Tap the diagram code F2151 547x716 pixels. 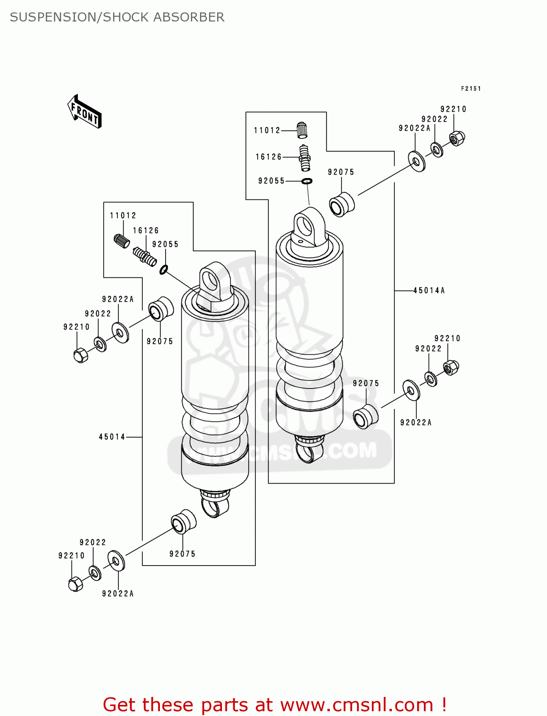(x=471, y=88)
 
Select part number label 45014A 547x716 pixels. (x=429, y=290)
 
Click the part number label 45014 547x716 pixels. (x=112, y=437)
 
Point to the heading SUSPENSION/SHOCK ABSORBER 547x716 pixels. (x=117, y=17)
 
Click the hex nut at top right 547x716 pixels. (x=457, y=138)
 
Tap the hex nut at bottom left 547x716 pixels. (x=75, y=584)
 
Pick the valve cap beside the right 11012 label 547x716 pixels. (x=302, y=130)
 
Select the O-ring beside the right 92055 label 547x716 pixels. (x=307, y=181)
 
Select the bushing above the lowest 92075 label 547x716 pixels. (x=183, y=522)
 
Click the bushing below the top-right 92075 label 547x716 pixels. (x=342, y=204)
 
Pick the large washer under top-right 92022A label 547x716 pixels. (x=417, y=161)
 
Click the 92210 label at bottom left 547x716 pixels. (x=71, y=556)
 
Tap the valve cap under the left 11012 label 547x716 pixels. (x=122, y=241)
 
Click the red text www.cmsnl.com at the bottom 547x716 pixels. (x=357, y=705)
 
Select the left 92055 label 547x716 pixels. (x=165, y=244)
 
